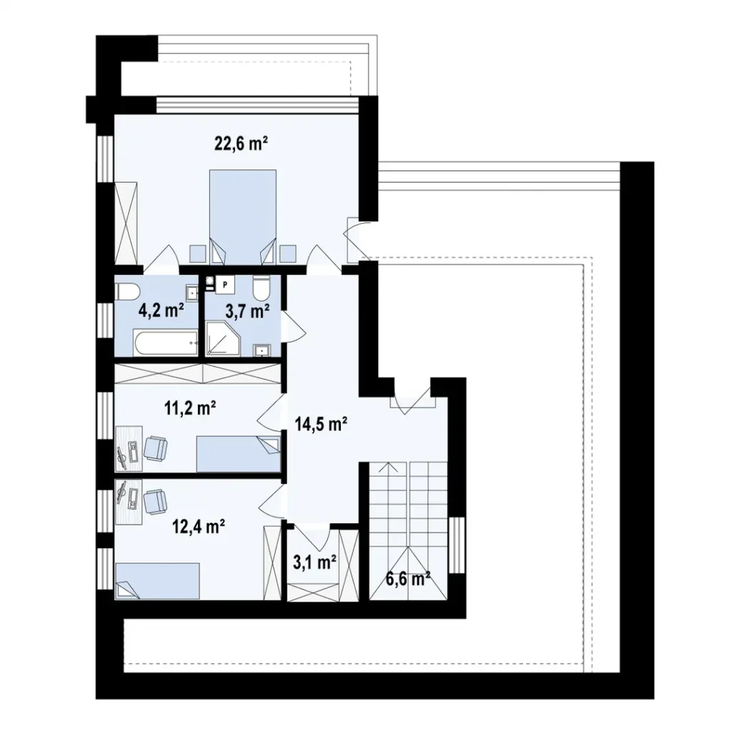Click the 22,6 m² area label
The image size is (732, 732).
(241, 143)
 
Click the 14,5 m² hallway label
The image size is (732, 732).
(321, 424)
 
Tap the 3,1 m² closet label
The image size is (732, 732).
(315, 563)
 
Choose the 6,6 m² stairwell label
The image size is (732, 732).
(409, 578)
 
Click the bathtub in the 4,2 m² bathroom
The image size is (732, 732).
(164, 345)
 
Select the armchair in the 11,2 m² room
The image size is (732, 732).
(155, 448)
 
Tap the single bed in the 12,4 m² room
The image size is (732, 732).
(157, 580)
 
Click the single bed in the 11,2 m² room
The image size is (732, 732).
(237, 455)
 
